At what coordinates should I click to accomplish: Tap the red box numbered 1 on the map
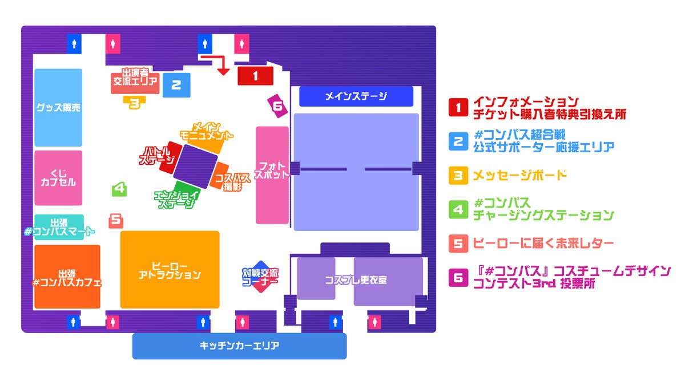256,75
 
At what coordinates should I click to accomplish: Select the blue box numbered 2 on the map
176,86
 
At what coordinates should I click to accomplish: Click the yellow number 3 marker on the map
135,103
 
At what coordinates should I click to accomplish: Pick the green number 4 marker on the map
119,189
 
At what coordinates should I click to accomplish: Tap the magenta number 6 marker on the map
277,106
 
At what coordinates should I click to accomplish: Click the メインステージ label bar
356,96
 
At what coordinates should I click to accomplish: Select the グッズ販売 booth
58,107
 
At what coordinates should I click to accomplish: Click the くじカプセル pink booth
58,177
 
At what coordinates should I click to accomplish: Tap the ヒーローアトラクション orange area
170,270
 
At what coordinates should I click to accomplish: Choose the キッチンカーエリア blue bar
239,346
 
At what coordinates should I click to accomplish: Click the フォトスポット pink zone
272,175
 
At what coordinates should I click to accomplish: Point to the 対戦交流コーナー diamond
260,277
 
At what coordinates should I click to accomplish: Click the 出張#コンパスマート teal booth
59,227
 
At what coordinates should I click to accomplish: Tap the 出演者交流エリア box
135,82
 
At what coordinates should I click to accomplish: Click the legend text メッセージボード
520,175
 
